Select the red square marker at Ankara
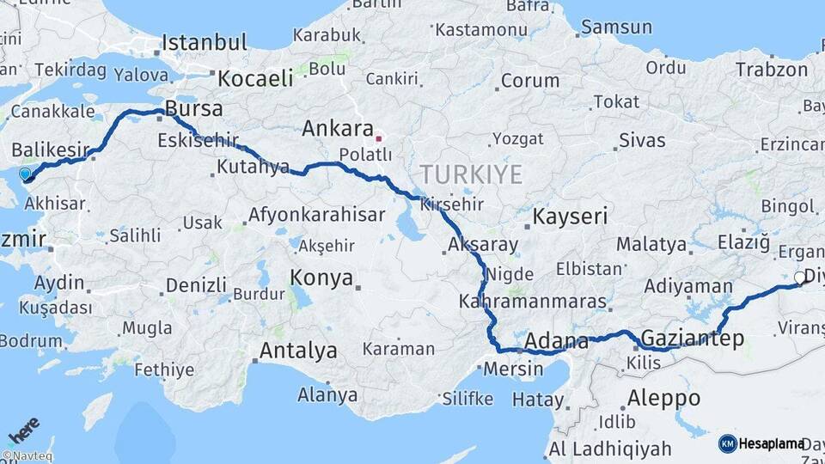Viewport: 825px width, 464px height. [x=379, y=137]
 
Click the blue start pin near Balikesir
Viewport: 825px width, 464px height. [x=25, y=174]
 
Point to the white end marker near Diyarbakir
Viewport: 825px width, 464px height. [x=799, y=278]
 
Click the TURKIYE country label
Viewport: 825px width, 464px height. [x=471, y=175]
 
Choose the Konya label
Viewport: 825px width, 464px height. [x=321, y=278]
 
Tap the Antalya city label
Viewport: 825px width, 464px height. [x=297, y=351]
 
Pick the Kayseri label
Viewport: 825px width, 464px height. [x=570, y=217]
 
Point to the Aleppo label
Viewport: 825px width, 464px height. [x=663, y=398]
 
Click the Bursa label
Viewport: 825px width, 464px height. [x=193, y=109]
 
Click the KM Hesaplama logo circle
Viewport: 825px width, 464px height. [x=727, y=443]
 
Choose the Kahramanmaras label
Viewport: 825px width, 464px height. [x=533, y=302]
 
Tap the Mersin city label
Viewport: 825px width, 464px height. [x=514, y=369]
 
